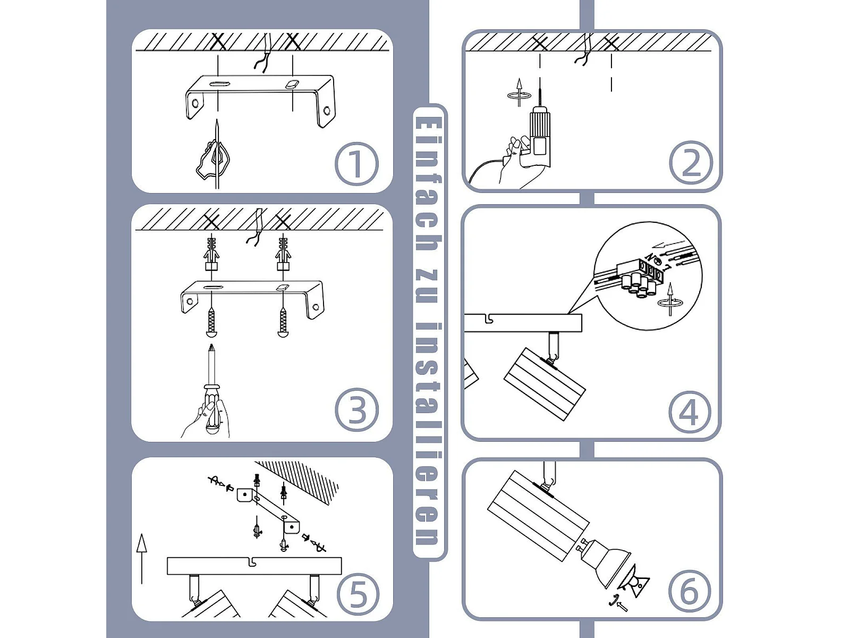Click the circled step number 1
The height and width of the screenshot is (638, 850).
(356, 164)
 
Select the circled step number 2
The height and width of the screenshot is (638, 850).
(691, 163)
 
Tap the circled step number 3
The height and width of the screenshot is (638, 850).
(356, 410)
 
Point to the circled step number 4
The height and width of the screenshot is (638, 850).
(690, 412)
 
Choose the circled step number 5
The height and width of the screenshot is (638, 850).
(358, 594)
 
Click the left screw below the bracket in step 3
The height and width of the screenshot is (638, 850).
(211, 322)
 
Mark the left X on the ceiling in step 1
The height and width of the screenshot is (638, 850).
(218, 41)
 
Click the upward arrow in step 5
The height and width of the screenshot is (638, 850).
(142, 558)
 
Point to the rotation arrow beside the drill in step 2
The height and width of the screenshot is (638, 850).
(519, 95)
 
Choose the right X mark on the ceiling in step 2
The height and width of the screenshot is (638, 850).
(611, 43)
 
